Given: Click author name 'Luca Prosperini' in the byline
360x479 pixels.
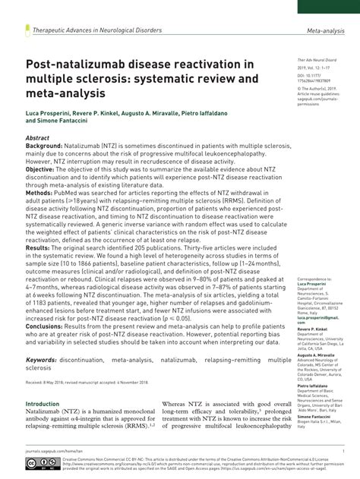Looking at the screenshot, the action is (49, 112).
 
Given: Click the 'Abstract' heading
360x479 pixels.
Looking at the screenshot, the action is (38, 137).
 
